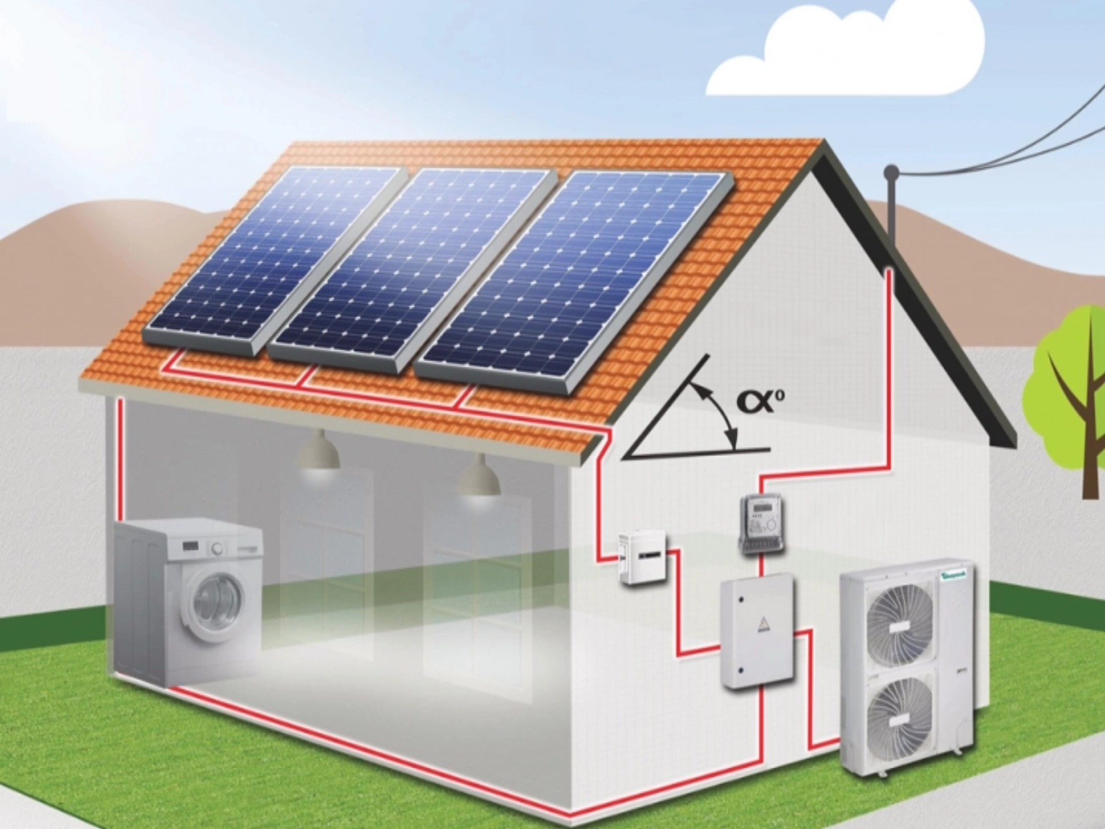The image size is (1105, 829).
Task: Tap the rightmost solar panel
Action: coord(573,276)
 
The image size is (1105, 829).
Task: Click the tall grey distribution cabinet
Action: coord(758,633)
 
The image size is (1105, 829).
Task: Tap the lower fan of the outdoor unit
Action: coord(900,713)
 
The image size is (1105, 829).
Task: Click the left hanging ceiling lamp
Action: coord(319,452)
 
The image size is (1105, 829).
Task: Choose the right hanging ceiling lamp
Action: coord(479,477)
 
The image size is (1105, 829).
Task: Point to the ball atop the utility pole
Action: coord(892,171)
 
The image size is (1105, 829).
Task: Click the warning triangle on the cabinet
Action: coord(762,625)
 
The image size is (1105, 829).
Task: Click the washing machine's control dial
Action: coord(218,548)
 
